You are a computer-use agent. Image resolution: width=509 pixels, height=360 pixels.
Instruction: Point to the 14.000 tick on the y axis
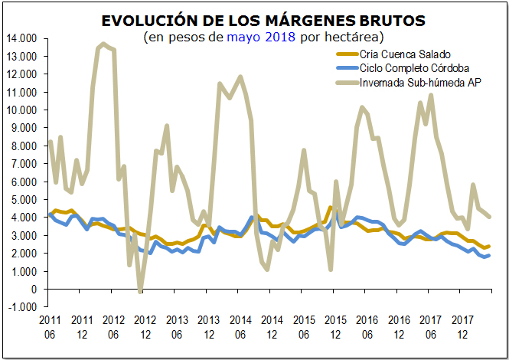point(22,38)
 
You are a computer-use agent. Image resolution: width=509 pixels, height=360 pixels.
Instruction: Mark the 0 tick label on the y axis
point(34,290)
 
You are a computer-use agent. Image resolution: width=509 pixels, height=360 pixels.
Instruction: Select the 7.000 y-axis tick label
point(24,164)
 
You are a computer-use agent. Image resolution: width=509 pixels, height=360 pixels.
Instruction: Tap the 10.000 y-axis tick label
point(22,110)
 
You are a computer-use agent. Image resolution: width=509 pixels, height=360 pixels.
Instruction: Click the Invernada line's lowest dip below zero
point(140,291)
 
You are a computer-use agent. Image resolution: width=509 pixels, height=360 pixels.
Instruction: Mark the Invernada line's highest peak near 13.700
point(103,44)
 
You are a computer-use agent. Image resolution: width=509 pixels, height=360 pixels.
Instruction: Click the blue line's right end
point(489,255)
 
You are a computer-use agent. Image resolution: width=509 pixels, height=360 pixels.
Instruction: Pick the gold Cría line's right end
point(489,246)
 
